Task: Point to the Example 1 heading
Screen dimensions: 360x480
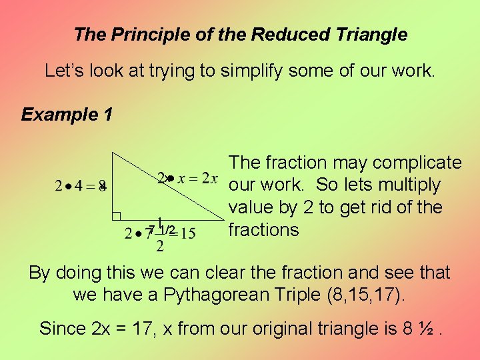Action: click(x=67, y=115)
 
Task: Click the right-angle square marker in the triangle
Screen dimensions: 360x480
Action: click(x=116, y=216)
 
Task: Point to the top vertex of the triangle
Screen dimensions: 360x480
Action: click(x=113, y=153)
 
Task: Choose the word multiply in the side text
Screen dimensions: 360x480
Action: click(x=407, y=185)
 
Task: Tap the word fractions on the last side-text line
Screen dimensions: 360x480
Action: click(x=263, y=230)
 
